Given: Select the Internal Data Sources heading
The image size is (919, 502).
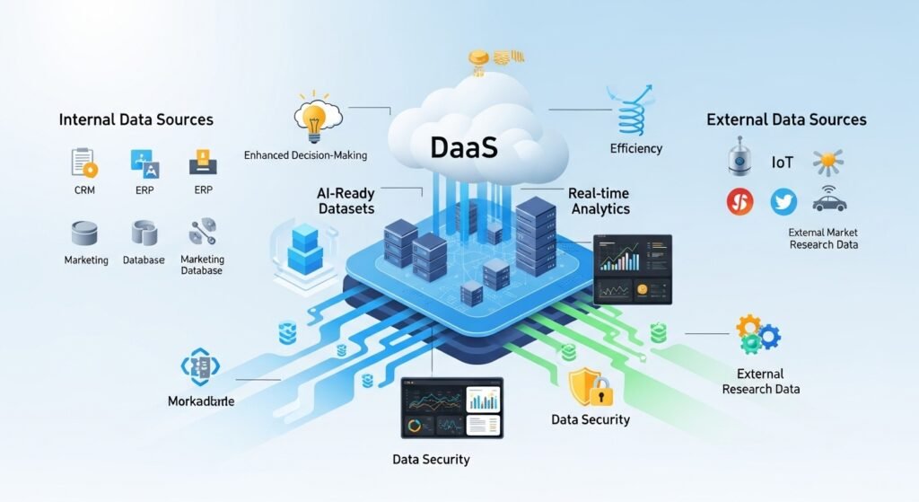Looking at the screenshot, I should [136, 119].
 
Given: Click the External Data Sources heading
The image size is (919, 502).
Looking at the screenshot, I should [786, 119].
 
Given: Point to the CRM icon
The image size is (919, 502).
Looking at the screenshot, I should [83, 163].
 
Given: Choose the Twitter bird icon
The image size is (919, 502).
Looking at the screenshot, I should [783, 202].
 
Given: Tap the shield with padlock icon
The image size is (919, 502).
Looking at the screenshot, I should [590, 385].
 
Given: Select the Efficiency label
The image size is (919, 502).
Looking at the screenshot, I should [635, 148].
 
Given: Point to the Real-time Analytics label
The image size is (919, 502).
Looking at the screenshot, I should [599, 201].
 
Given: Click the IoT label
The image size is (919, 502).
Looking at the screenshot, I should [783, 163].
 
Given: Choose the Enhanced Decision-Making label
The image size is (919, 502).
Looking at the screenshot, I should [305, 155].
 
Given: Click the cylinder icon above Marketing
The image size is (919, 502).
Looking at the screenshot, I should [84, 233].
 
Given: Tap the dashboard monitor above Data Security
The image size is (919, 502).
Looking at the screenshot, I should [451, 407].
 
